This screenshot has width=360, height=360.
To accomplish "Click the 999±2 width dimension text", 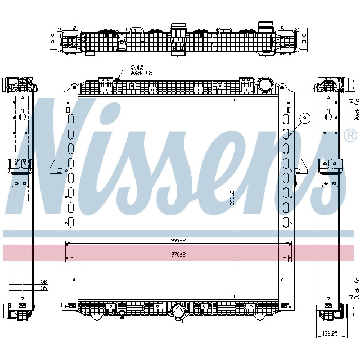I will click(178, 240).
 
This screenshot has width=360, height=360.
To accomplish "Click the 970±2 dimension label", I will click(178, 254).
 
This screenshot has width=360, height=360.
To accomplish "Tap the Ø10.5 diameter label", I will click(137, 68).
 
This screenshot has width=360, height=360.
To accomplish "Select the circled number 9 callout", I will click(304, 118).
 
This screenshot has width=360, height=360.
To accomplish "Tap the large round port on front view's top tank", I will click(264, 85).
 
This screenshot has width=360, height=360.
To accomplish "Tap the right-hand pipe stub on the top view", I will click(264, 27).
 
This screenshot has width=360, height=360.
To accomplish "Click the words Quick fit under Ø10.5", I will click(141, 73).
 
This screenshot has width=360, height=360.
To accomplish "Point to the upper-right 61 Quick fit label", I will click(354, 109).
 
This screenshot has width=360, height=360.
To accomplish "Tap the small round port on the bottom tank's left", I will click(121, 313).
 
